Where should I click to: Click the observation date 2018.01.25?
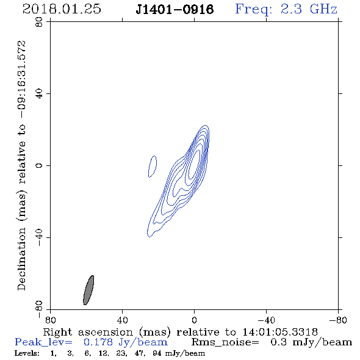(62, 9)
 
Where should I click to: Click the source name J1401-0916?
(175, 10)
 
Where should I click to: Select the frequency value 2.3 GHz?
(309, 9)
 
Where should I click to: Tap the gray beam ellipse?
(88, 290)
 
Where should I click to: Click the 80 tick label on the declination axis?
(39, 22)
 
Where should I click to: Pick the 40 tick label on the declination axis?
(39, 94)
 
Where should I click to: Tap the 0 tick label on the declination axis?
(39, 165)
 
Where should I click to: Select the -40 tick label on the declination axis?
(39, 237)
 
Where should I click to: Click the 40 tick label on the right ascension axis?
(122, 320)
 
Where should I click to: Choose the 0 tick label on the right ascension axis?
(194, 320)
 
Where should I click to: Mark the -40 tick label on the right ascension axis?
(266, 320)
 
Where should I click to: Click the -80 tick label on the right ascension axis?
(338, 320)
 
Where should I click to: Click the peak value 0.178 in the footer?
(98, 342)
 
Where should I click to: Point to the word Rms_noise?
(225, 342)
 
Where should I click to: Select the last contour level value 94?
(157, 353)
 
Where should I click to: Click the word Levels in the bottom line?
(27, 353)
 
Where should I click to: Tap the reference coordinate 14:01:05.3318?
(280, 332)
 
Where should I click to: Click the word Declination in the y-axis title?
(21, 259)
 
